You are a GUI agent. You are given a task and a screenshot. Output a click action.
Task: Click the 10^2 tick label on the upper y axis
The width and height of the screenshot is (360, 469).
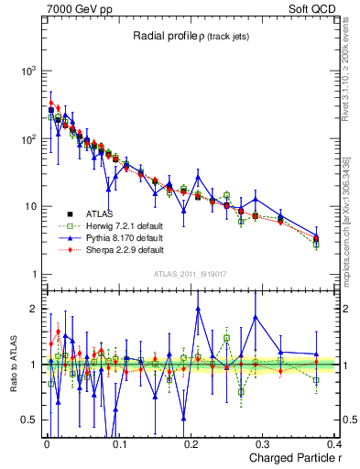(28, 138)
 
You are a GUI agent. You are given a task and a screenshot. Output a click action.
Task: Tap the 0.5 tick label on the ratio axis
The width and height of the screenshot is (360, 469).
(29, 420)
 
